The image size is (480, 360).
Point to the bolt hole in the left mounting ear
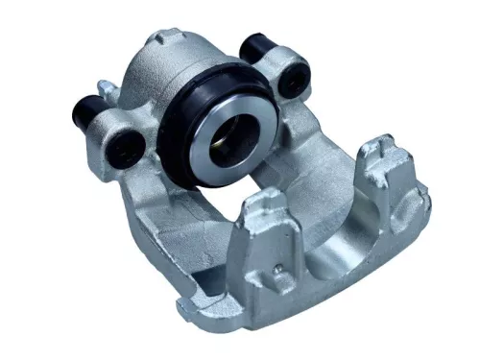126,147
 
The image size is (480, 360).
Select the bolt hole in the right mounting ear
286,84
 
